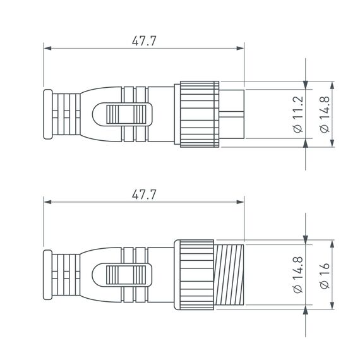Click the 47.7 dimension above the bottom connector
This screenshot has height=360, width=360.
point(143,195)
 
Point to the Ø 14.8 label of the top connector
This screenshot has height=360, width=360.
point(324,114)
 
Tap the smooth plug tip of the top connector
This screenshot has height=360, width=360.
point(231,114)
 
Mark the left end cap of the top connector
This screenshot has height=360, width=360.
point(46,114)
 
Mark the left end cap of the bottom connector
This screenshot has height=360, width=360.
point(46,275)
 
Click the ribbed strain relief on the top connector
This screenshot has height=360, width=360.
point(66,114)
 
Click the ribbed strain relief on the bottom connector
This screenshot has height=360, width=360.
point(66,275)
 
